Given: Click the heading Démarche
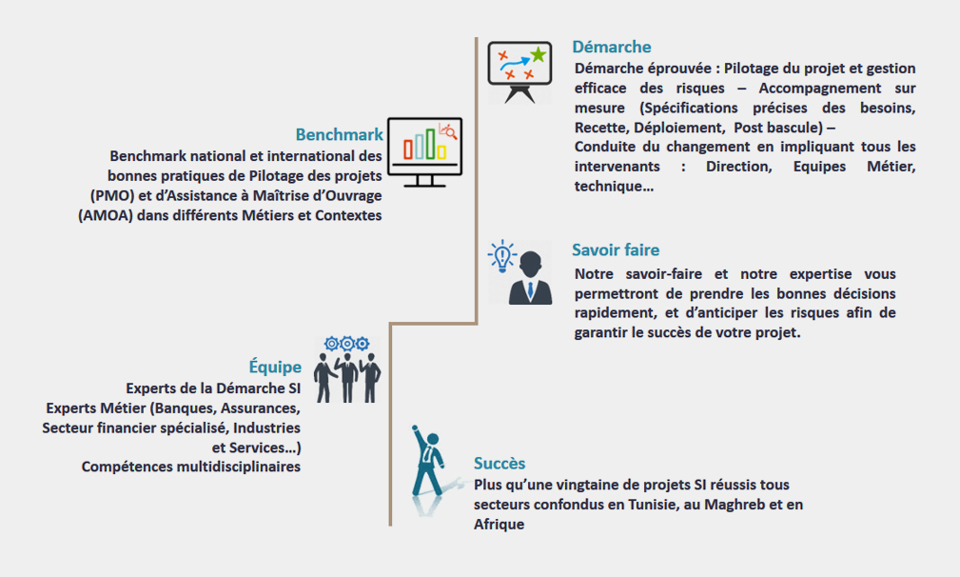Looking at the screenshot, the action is pyautogui.click(x=611, y=48).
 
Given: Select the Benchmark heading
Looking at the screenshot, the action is pyautogui.click(x=339, y=135).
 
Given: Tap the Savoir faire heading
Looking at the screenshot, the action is pyautogui.click(x=616, y=249).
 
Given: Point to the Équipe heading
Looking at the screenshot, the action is pyautogui.click(x=275, y=367).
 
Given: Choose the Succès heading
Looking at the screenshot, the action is pyautogui.click(x=500, y=463).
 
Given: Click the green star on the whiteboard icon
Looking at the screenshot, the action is pyautogui.click(x=539, y=55).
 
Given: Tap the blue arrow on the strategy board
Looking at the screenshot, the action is pyautogui.click(x=515, y=63).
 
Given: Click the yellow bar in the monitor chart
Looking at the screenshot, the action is pyautogui.click(x=441, y=151).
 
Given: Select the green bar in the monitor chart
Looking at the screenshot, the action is pyautogui.click(x=430, y=144).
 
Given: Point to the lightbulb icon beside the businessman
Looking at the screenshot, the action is pyautogui.click(x=502, y=256).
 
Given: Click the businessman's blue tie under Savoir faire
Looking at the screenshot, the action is pyautogui.click(x=530, y=290).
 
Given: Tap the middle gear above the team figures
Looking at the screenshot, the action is pyautogui.click(x=347, y=344).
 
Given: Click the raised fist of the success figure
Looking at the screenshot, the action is pyautogui.click(x=415, y=428).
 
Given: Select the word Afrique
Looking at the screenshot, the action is pyautogui.click(x=499, y=525).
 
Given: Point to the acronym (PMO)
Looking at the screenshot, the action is pyautogui.click(x=112, y=196).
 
